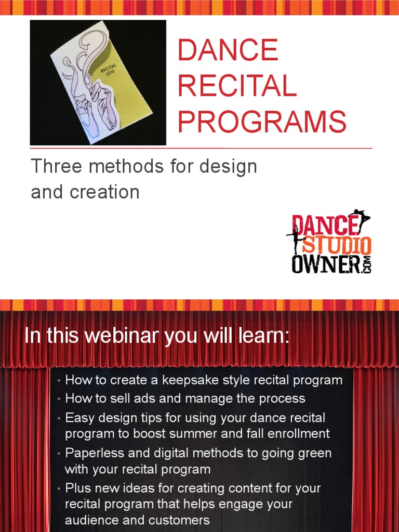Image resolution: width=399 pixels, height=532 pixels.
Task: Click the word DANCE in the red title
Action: (x=228, y=50)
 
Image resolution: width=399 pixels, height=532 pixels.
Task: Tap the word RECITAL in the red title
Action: (x=237, y=86)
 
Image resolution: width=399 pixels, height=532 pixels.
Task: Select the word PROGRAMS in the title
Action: (x=262, y=121)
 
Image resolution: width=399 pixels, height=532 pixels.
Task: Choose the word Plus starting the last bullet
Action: (x=77, y=488)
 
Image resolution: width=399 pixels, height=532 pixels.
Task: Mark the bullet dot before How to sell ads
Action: (x=60, y=399)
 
